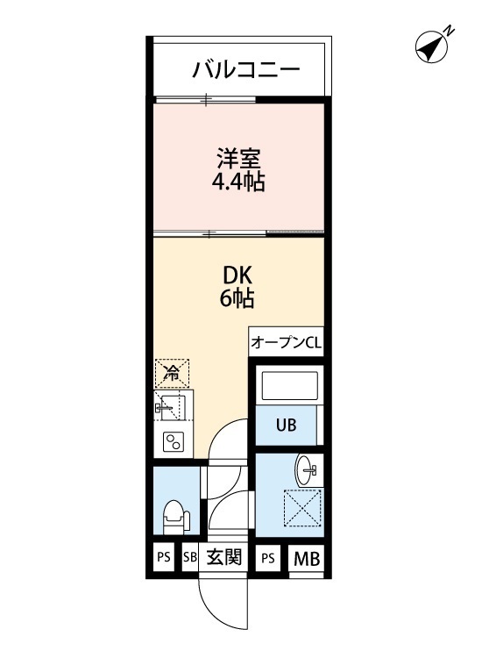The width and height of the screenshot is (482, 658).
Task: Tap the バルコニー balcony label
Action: click(246, 68)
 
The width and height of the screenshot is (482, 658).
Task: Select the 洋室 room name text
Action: click(239, 161)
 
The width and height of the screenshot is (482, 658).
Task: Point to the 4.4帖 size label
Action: click(238, 183)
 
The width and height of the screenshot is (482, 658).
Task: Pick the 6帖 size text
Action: click(237, 298)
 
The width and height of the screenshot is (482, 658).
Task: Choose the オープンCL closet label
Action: click(286, 343)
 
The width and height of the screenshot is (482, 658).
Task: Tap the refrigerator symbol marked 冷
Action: click(173, 373)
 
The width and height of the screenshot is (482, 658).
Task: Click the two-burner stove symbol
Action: click(172, 441)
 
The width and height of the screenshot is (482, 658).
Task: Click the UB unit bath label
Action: click(287, 426)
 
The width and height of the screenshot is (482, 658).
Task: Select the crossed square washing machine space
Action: click(301, 508)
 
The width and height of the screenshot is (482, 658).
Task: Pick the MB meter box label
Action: click(305, 558)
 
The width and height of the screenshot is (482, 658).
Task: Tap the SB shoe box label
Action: click(190, 557)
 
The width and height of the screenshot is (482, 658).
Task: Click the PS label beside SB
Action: click(163, 557)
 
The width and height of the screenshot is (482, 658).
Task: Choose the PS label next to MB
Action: click(268, 558)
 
